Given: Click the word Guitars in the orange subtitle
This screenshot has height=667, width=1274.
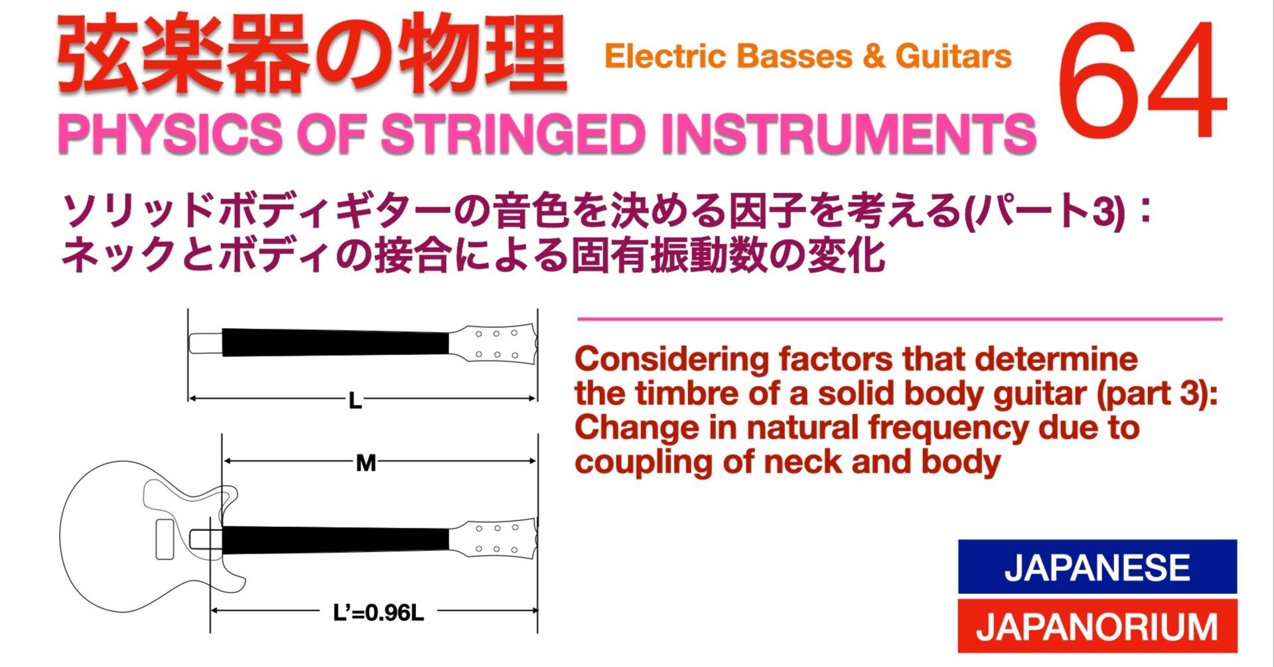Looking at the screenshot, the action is [x=954, y=56].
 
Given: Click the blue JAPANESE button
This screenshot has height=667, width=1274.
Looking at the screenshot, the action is [x=1097, y=567].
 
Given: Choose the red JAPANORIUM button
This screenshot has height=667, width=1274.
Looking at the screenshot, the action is [x=1097, y=626].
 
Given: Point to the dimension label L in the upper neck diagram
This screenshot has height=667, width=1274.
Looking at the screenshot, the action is [x=355, y=401].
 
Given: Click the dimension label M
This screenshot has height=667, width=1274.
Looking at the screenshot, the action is [x=366, y=463].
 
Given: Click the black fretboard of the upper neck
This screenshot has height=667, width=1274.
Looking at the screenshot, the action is [x=335, y=342].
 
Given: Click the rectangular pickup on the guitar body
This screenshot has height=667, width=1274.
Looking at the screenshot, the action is [x=165, y=539].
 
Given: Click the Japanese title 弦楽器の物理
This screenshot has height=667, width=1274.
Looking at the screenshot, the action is [x=312, y=56].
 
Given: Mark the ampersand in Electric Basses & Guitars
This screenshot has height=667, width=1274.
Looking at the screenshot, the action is [x=874, y=56].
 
